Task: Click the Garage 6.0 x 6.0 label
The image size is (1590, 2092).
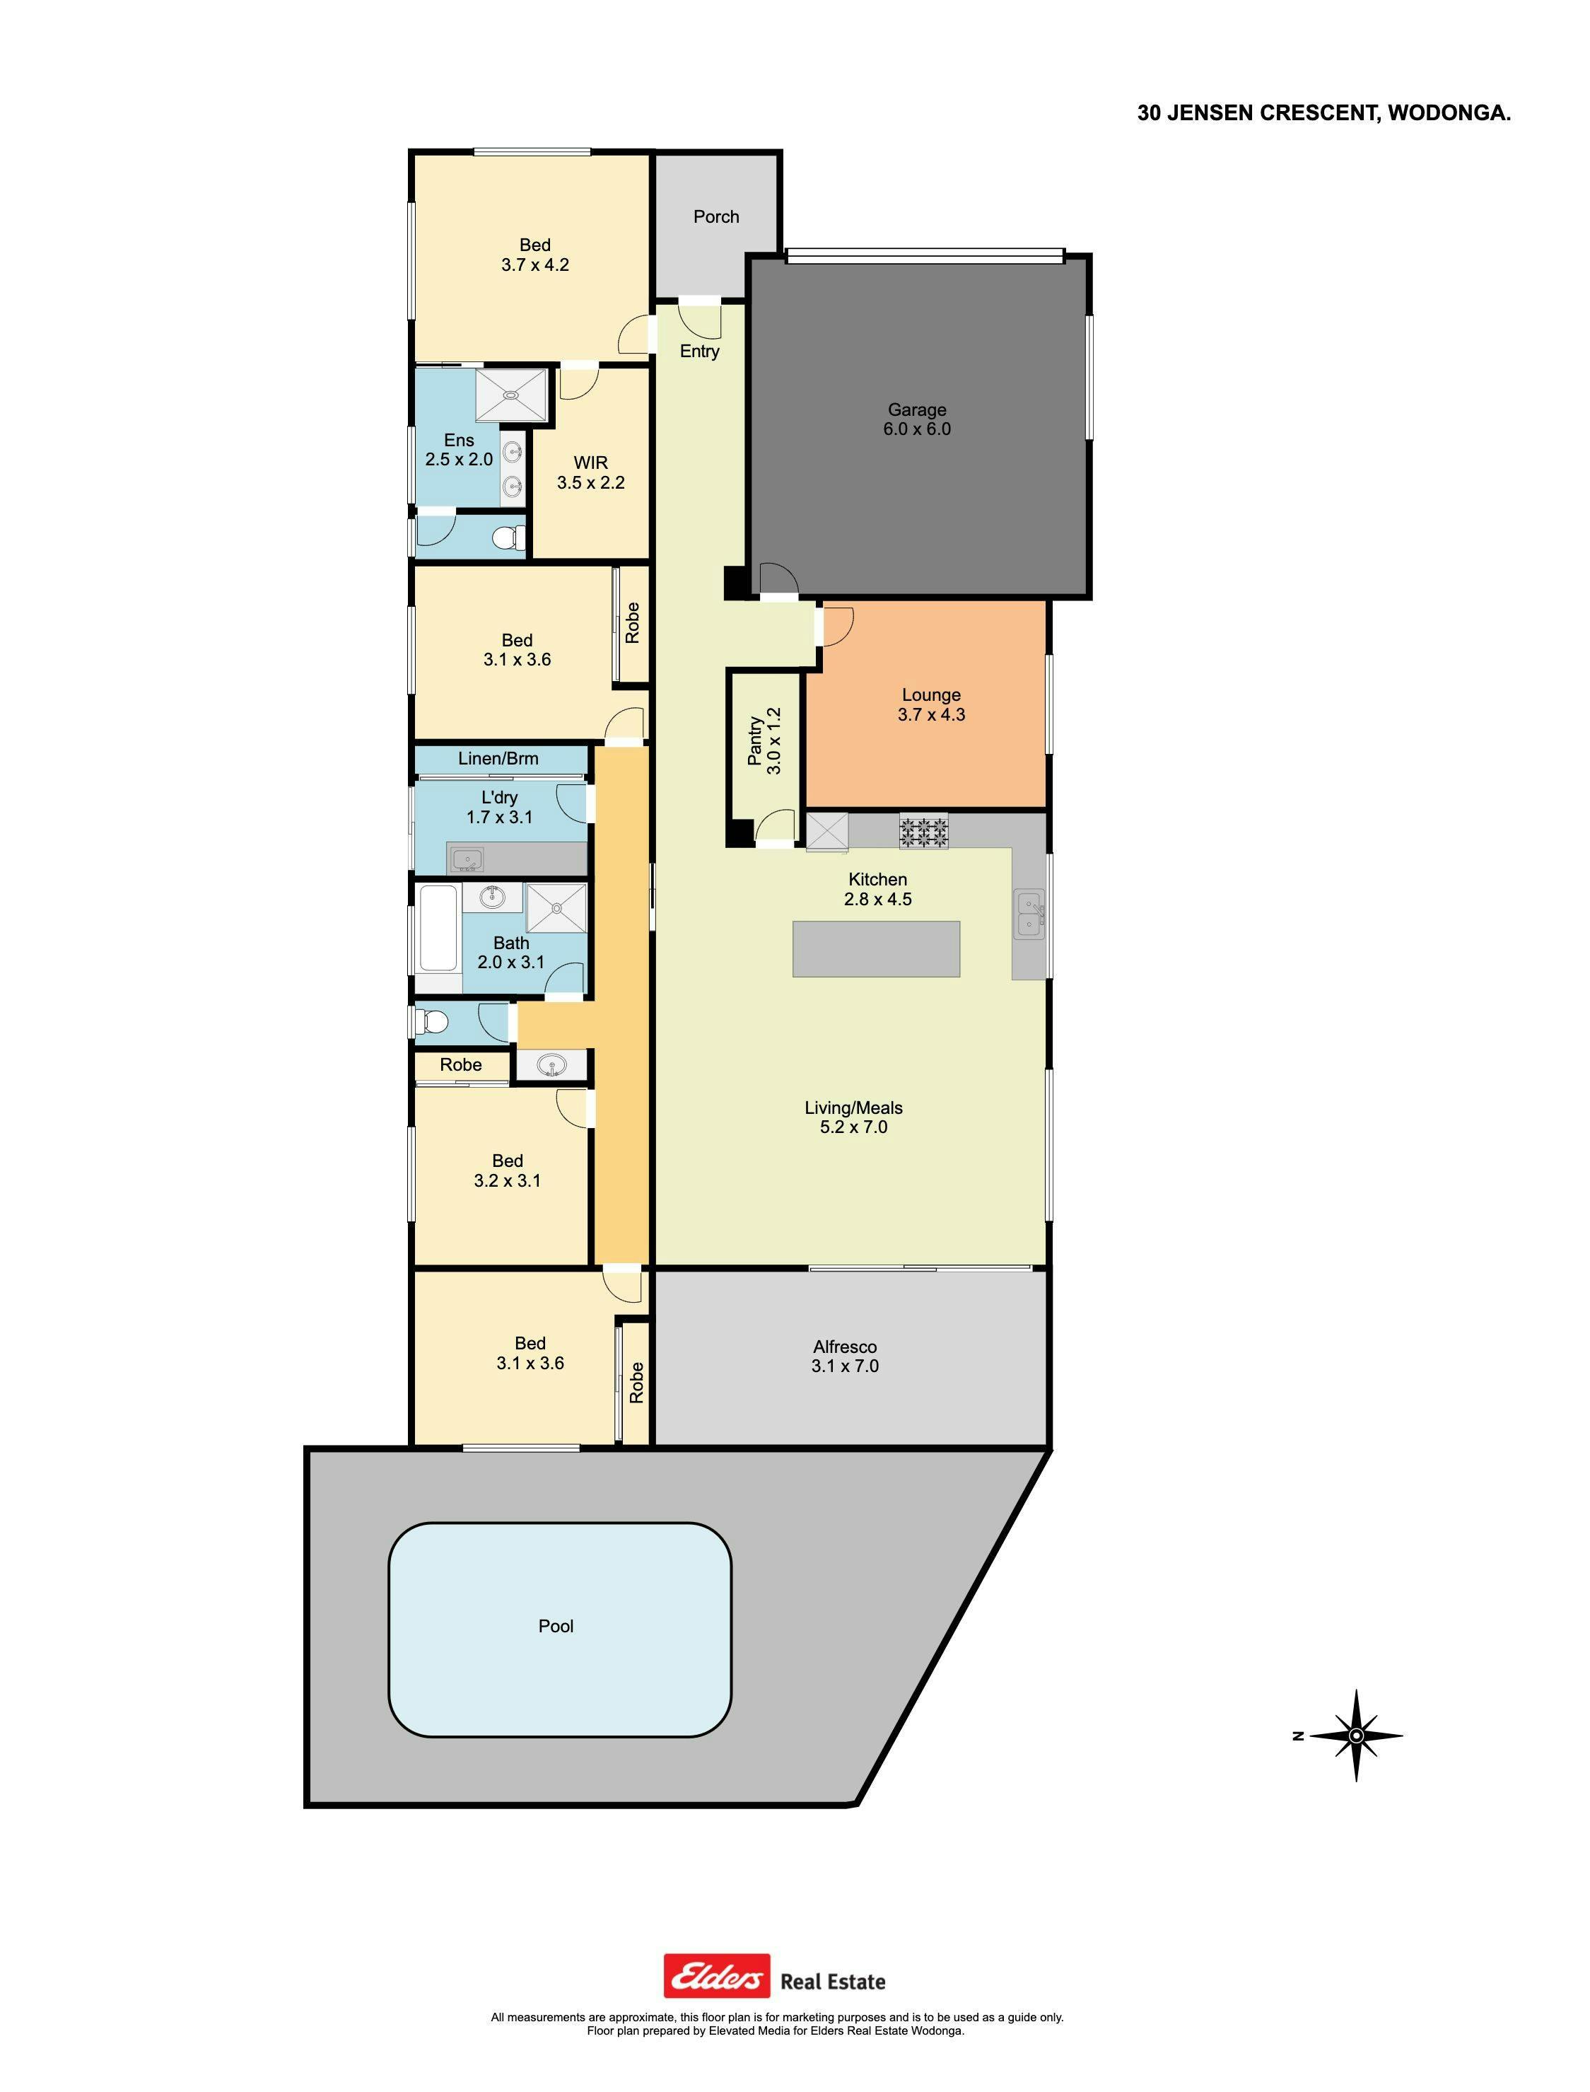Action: [916, 419]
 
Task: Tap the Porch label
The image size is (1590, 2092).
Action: [715, 217]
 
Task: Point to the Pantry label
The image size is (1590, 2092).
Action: [754, 741]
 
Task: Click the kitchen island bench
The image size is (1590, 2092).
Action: [877, 948]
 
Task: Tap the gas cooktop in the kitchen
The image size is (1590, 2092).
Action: [923, 832]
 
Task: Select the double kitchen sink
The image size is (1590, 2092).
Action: [1029, 914]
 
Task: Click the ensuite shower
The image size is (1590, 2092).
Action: [511, 395]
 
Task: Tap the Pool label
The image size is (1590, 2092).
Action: [556, 1626]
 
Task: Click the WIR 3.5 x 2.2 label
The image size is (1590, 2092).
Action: [590, 472]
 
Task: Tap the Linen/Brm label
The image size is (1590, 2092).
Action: [498, 758]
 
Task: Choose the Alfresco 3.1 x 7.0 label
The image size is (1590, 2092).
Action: [844, 1356]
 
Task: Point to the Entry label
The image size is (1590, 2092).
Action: [699, 351]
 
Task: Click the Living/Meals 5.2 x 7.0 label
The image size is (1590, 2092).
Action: [853, 1117]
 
